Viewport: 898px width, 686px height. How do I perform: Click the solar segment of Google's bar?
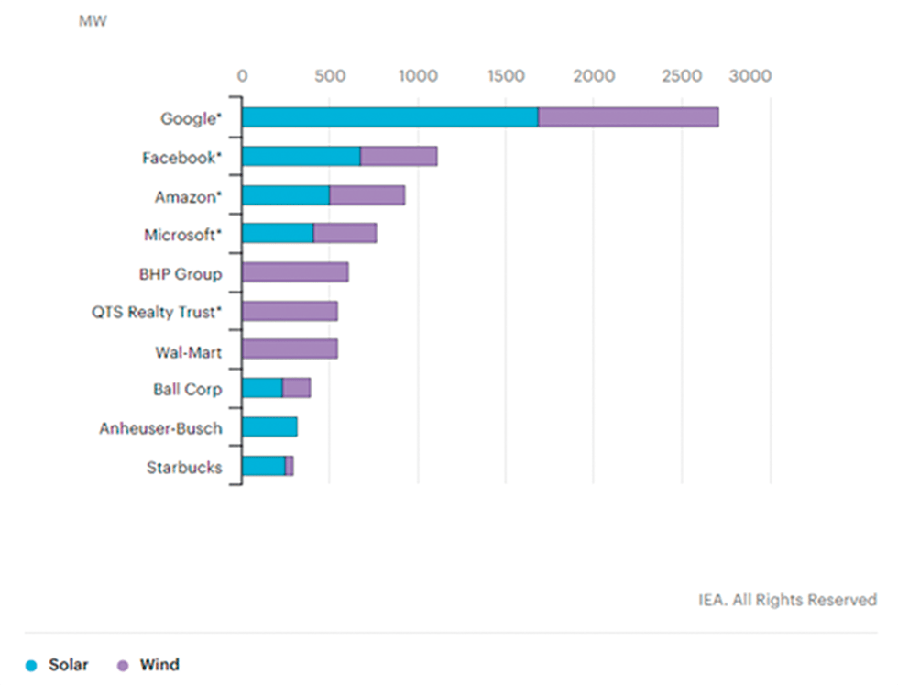(389, 117)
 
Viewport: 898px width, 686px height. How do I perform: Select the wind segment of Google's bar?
(628, 117)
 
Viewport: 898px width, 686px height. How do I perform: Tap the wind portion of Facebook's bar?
(399, 157)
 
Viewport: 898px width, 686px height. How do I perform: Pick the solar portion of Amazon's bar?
(286, 195)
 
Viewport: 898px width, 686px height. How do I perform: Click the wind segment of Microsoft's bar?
(345, 234)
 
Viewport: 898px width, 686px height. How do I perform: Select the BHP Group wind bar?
(295, 272)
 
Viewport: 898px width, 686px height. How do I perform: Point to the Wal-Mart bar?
(290, 349)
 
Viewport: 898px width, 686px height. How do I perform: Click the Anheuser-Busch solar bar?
(269, 427)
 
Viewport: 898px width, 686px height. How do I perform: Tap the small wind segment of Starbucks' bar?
(290, 467)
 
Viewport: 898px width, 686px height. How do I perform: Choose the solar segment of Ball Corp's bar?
(262, 389)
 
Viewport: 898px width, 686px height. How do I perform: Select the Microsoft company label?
(182, 235)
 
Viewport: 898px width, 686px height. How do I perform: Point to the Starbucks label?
(183, 468)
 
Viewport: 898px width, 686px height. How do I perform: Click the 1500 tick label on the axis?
(505, 76)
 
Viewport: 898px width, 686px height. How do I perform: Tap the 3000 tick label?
(750, 76)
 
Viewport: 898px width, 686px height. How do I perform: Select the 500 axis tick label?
(329, 76)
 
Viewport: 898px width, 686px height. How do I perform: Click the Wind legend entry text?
(159, 665)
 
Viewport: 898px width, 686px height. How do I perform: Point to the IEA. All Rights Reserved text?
(787, 600)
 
